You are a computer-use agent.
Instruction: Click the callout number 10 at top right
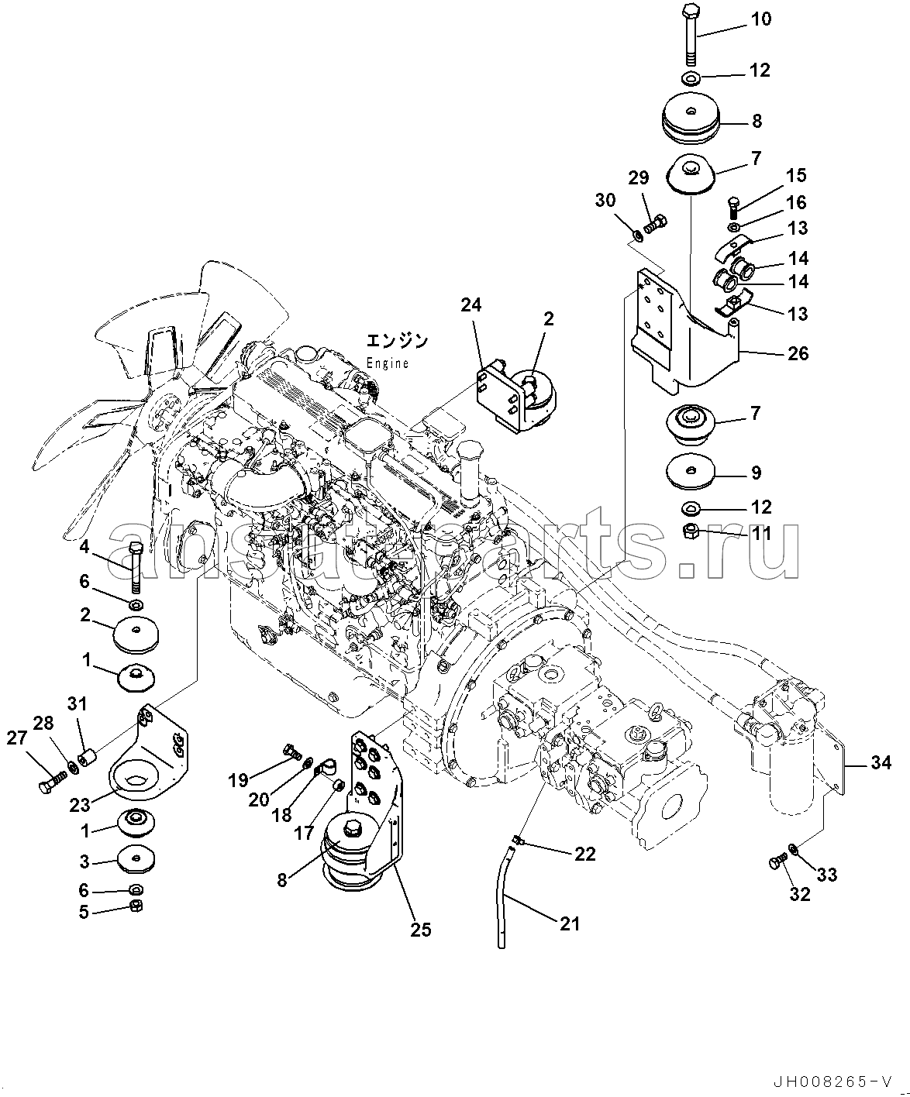coord(762,19)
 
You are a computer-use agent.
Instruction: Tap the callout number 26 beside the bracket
coord(798,354)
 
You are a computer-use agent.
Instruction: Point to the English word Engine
coord(387,363)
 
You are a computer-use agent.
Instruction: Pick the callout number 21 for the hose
coord(570,923)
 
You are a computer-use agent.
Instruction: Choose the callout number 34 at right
coord(881,764)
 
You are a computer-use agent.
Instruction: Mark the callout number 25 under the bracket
coord(421,930)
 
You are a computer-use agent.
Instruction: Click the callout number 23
coord(80,805)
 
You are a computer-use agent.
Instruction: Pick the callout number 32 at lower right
coord(800,894)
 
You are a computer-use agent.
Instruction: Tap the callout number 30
coord(605,200)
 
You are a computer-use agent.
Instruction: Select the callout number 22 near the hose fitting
coord(585,854)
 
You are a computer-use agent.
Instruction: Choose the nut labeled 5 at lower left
coord(134,906)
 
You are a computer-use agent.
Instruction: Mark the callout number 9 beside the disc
coord(757,473)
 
